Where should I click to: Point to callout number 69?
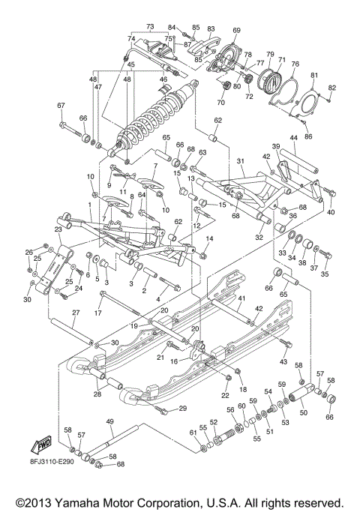pos(236,30)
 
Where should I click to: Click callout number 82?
pos(331,88)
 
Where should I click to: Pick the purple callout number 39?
pos(275,146)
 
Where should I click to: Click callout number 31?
pos(241,161)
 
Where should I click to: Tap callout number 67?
pos(61,106)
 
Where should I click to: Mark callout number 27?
pos(76,313)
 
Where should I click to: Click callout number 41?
pos(241,298)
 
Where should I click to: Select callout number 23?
pos(58,230)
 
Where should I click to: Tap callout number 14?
pos(210,238)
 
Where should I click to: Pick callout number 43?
pos(283,362)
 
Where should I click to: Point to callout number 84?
pos(171,26)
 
